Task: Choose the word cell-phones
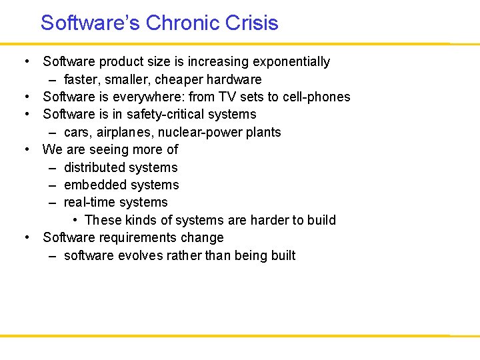point(316,97)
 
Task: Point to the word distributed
point(93,167)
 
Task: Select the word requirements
point(142,238)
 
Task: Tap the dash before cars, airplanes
point(52,132)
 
